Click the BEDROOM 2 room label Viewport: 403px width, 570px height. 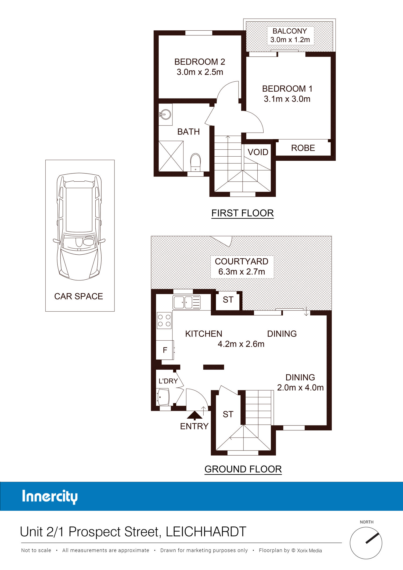(x=200, y=62)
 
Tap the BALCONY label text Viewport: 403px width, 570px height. (x=290, y=31)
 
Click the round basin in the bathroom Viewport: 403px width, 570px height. (x=165, y=114)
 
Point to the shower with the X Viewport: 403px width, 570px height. (x=171, y=156)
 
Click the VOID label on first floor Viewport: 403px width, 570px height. (x=258, y=152)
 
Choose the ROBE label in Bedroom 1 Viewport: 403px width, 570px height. (x=303, y=148)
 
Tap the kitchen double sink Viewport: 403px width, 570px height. (x=186, y=302)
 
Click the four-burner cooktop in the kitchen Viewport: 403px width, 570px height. (x=164, y=320)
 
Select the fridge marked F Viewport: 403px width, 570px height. (x=165, y=350)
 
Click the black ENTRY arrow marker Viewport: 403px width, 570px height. (x=195, y=416)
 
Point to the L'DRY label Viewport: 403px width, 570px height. (x=168, y=381)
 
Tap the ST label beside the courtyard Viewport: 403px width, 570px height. (x=228, y=300)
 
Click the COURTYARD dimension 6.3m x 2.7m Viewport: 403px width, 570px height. (x=242, y=272)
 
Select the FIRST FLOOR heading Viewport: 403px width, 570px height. (x=242, y=213)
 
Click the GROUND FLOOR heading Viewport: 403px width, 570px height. (x=243, y=469)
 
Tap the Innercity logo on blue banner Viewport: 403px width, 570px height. (x=50, y=497)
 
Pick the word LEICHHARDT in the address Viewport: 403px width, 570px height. (x=206, y=532)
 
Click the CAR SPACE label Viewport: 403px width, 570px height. (x=78, y=296)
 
